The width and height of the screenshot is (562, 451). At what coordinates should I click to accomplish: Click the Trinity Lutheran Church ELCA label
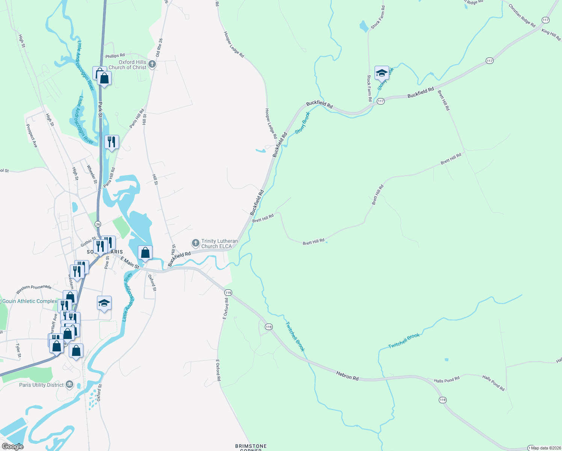point(219,244)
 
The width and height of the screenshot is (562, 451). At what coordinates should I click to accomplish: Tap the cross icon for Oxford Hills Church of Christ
point(152,64)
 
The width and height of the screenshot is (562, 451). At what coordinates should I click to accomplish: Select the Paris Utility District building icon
point(69,384)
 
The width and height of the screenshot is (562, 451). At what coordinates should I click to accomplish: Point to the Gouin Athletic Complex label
point(30,301)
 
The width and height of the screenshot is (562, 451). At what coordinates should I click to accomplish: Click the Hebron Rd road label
point(347,375)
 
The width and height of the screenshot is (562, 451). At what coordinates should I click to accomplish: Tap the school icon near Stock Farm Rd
point(381,73)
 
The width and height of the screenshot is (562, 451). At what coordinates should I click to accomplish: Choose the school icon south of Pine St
point(104,303)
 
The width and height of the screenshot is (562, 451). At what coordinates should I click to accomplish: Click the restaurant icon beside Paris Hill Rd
point(112,142)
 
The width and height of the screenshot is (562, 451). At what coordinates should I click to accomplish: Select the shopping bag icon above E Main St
point(145,253)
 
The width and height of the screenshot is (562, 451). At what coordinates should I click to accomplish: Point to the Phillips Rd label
point(115,56)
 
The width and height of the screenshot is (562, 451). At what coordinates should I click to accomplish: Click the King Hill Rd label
point(551,35)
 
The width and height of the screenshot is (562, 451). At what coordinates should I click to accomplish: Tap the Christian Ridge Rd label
point(522,15)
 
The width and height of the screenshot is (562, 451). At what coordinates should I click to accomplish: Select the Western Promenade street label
point(34,289)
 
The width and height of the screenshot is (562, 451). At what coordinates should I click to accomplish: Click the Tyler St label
point(18,350)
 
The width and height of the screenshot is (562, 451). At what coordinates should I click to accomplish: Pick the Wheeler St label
point(92,174)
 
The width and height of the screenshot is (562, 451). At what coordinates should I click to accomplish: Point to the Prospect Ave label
point(32,136)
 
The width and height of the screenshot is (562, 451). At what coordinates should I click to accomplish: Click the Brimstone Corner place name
point(251,447)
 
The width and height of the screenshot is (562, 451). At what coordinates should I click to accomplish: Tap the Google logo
point(12,446)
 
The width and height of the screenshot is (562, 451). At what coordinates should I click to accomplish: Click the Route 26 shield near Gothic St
point(98,224)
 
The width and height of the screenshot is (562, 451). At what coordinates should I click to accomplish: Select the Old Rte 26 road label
point(159,48)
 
